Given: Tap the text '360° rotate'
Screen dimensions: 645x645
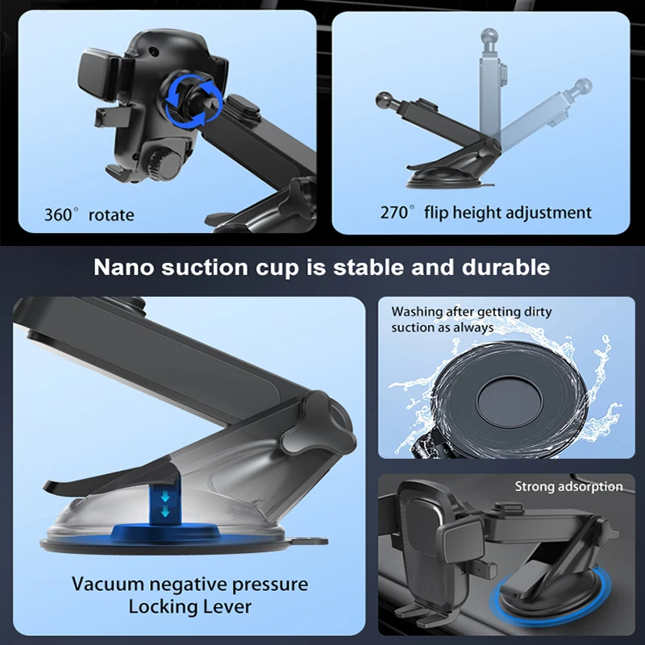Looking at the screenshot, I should tap(89, 215).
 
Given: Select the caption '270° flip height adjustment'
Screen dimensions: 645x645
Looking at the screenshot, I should tap(485, 213).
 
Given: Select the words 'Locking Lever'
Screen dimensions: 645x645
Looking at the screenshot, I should tap(189, 607).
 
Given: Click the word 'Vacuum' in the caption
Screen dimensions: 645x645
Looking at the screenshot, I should tap(107, 584).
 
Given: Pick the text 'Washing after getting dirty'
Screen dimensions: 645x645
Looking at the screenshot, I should tap(472, 312).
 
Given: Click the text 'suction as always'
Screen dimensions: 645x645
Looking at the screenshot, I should tap(442, 327).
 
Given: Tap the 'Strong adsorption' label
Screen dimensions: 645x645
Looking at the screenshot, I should tap(568, 487).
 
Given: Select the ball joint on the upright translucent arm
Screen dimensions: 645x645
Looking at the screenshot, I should tap(489, 37).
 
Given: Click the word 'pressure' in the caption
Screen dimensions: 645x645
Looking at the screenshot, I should tap(268, 584).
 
